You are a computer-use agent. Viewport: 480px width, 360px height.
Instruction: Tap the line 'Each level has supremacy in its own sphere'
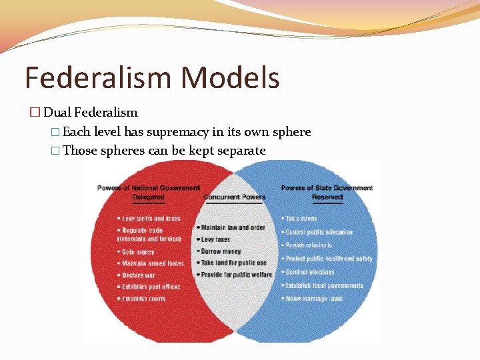click(x=186, y=132)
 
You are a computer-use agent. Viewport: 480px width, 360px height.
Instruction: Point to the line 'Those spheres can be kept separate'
click(x=163, y=151)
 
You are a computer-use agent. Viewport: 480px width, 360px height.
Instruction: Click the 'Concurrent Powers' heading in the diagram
click(x=234, y=197)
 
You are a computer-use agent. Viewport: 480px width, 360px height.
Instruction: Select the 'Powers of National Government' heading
click(x=148, y=188)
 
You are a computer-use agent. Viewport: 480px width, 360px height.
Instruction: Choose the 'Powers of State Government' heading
click(x=327, y=188)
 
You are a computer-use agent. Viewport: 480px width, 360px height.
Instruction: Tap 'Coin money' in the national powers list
click(x=138, y=252)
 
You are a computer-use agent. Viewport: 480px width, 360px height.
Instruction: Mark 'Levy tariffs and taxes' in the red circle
click(x=151, y=219)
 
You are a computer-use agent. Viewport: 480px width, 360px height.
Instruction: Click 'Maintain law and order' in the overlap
click(x=233, y=228)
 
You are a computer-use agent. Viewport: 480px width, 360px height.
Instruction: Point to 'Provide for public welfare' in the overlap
click(x=236, y=275)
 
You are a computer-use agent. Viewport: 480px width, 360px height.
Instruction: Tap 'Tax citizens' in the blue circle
click(x=301, y=219)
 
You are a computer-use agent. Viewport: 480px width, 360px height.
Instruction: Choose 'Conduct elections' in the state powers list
click(x=310, y=272)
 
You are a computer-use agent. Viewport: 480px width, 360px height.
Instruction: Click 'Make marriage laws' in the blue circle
click(x=314, y=299)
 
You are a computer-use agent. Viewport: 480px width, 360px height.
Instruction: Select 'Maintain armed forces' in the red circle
click(x=152, y=264)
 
